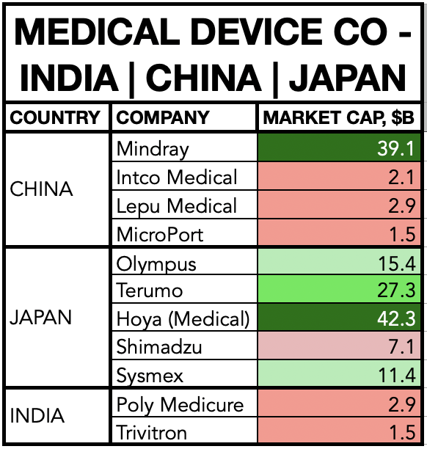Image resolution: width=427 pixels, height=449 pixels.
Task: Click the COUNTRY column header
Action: pyautogui.click(x=55, y=117)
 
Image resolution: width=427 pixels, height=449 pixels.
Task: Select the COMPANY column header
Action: pyautogui.click(x=163, y=117)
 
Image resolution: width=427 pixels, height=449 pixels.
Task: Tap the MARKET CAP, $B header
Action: pyautogui.click(x=338, y=117)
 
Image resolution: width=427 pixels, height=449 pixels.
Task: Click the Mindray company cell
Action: pyautogui.click(x=153, y=149)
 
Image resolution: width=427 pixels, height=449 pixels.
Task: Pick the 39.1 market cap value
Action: pyautogui.click(x=395, y=149)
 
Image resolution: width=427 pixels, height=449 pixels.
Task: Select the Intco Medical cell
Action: pyautogui.click(x=177, y=177)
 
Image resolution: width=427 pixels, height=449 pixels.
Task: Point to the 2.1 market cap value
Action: pyautogui.click(x=401, y=177)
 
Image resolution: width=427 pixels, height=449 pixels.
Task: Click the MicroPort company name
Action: pyautogui.click(x=160, y=234)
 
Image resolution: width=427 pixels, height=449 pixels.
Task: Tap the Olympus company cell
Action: pyautogui.click(x=156, y=264)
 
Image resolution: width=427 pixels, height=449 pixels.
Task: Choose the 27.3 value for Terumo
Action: pyautogui.click(x=396, y=290)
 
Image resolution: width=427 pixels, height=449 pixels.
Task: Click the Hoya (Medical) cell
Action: pyautogui.click(x=183, y=319)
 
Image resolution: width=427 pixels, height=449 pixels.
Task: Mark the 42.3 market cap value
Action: pyautogui.click(x=396, y=318)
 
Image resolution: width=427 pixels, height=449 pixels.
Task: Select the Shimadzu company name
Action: pyautogui.click(x=159, y=346)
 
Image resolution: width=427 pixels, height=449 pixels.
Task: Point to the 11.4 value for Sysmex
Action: pyautogui.click(x=397, y=375)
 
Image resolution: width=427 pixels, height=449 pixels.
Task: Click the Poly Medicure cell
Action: pyautogui.click(x=180, y=405)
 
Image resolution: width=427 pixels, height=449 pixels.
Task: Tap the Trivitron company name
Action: pyautogui.click(x=151, y=432)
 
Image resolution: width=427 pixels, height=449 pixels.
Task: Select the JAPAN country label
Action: pyautogui.click(x=40, y=318)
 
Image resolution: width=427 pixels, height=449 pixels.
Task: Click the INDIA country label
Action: pyautogui.click(x=37, y=415)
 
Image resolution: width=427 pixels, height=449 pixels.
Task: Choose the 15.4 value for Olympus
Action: pyautogui.click(x=397, y=263)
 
